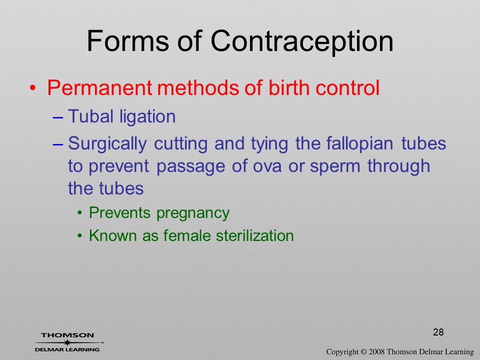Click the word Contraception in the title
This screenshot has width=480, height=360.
[x=301, y=42]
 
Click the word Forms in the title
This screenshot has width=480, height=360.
[x=128, y=41]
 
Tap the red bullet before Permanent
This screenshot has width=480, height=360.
[x=33, y=88]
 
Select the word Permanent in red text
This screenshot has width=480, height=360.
[x=99, y=88]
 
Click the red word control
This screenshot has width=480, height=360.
[x=347, y=87]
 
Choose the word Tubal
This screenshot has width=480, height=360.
[x=90, y=116]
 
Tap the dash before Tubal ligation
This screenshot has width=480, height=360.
[x=57, y=117]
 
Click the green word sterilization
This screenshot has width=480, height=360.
[x=254, y=235]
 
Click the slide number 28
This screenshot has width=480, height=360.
[x=438, y=332]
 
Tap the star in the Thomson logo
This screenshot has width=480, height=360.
[x=67, y=342]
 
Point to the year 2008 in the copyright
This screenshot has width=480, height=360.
[x=376, y=352]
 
